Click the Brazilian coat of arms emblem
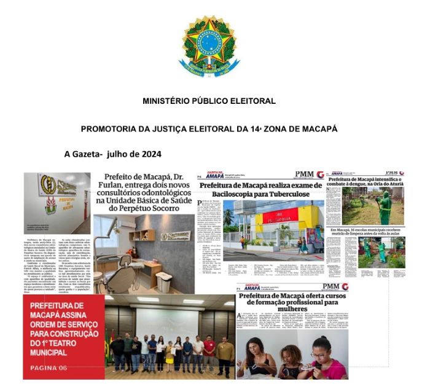[x=209, y=46]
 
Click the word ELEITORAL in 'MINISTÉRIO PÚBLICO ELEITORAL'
[x=253, y=101]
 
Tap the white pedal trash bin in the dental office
[x=164, y=281]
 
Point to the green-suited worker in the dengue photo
[x=385, y=209]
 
